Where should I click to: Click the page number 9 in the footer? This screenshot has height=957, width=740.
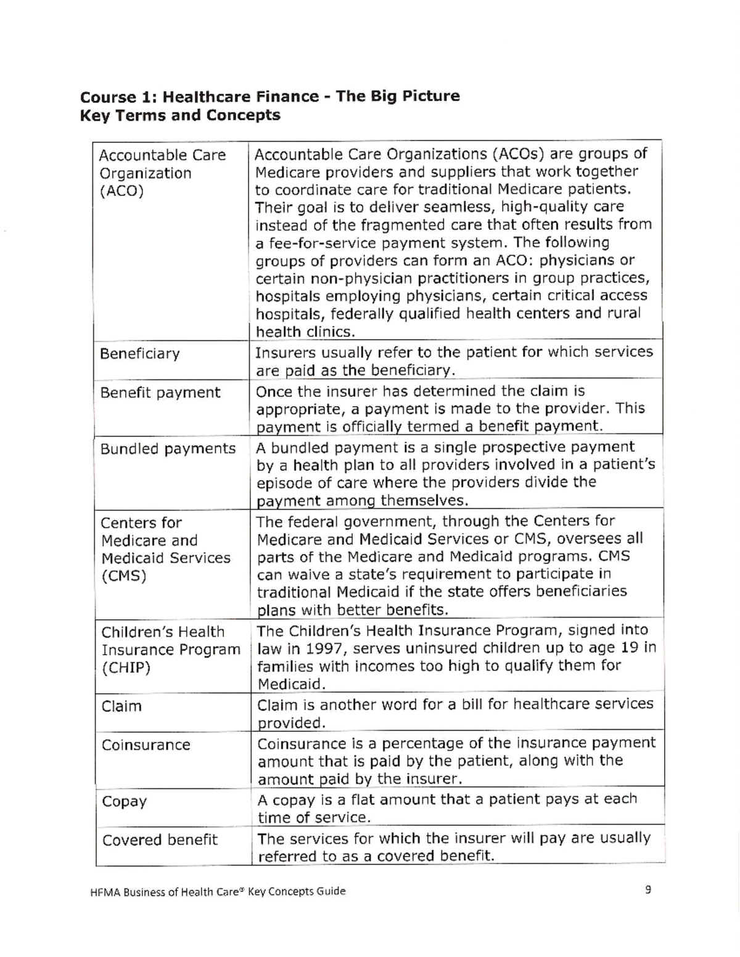(x=648, y=889)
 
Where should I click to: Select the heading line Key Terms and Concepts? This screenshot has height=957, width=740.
(x=180, y=115)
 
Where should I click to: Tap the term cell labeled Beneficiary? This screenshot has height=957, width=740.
(x=140, y=354)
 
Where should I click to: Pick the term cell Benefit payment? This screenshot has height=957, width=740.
(x=160, y=393)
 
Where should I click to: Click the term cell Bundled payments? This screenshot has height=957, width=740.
(x=168, y=449)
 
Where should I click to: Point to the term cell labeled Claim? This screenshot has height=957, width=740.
(x=121, y=706)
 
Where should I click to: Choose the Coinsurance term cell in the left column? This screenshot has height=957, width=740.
(x=146, y=745)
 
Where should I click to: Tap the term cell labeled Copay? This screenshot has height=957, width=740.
(x=125, y=802)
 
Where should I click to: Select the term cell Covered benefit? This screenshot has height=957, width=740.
(x=160, y=840)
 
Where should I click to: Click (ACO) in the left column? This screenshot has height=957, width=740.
(x=121, y=191)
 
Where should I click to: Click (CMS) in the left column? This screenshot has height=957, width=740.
(x=123, y=577)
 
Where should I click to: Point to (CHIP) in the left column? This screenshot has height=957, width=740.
(x=126, y=668)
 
